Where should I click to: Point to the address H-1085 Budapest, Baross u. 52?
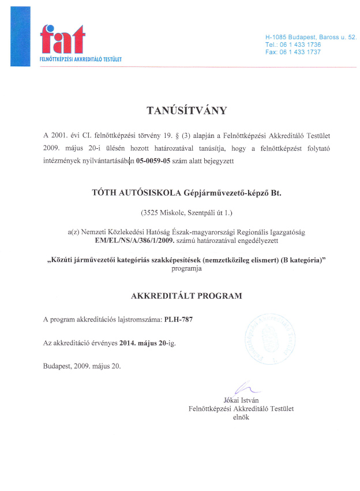pos(310,37)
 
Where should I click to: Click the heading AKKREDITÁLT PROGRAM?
pos(187,296)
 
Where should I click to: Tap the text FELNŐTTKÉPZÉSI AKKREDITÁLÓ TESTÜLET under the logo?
pos(80,59)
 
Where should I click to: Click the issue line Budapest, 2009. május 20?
pos(82,366)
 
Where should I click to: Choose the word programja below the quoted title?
pos(186,269)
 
